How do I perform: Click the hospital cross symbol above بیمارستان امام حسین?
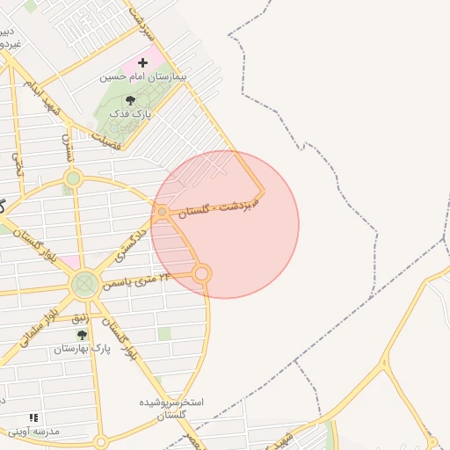142,63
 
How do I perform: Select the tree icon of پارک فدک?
131,101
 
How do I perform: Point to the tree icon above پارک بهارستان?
82,335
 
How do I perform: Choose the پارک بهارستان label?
82,349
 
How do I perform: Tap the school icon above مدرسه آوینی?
33,417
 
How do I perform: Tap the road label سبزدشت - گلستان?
220,203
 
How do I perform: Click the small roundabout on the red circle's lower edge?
202,274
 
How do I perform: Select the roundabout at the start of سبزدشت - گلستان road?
163,212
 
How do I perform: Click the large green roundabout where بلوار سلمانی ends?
85,284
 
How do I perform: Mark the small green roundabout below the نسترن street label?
73,178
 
